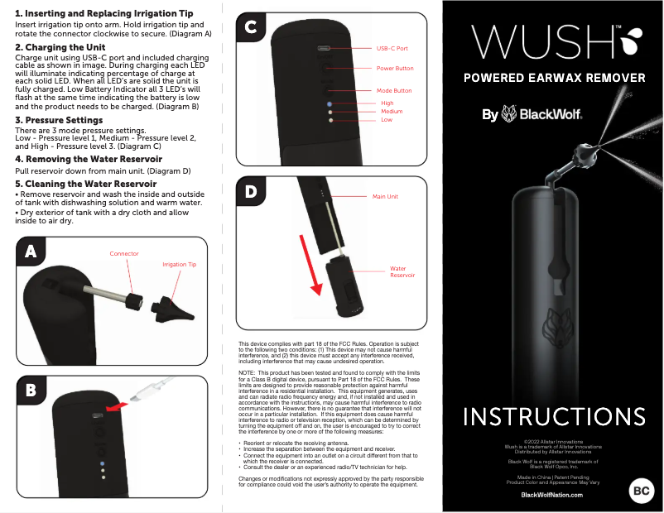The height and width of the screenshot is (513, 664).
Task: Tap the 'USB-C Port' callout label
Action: [x=392, y=49]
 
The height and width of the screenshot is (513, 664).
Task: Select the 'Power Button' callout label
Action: [x=395, y=69]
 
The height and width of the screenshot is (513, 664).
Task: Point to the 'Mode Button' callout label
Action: [x=394, y=90]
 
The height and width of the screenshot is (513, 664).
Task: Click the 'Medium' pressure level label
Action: [x=392, y=112]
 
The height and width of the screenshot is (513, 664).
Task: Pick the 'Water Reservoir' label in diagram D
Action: [x=402, y=271]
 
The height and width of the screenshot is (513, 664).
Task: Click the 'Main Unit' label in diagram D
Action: [x=385, y=197]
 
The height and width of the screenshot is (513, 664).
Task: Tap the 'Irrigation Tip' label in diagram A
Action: [x=180, y=265]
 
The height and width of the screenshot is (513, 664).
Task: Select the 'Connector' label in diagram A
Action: [x=124, y=254]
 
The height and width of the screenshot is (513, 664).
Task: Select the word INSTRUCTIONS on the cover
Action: [x=554, y=415]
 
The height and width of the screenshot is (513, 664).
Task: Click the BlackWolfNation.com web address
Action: [x=551, y=494]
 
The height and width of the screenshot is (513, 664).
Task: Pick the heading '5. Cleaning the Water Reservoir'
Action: [x=85, y=184]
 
